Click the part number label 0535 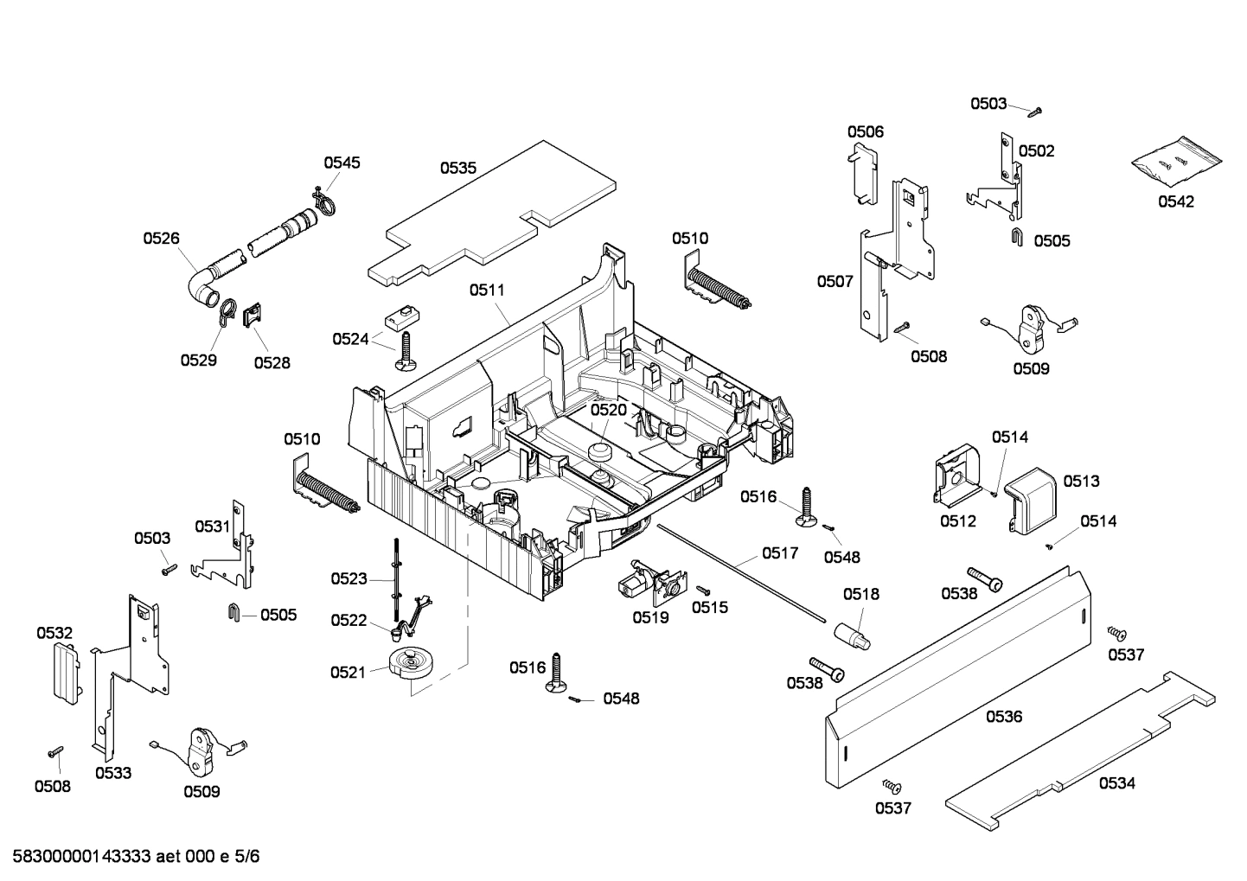[x=457, y=168]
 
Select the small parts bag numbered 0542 [x=1177, y=162]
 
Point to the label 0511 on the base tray [x=487, y=290]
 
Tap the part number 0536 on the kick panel [x=1003, y=716]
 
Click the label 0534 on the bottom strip [x=1116, y=783]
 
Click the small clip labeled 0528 [x=253, y=315]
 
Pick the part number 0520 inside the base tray [x=608, y=409]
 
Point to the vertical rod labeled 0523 [x=395, y=571]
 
